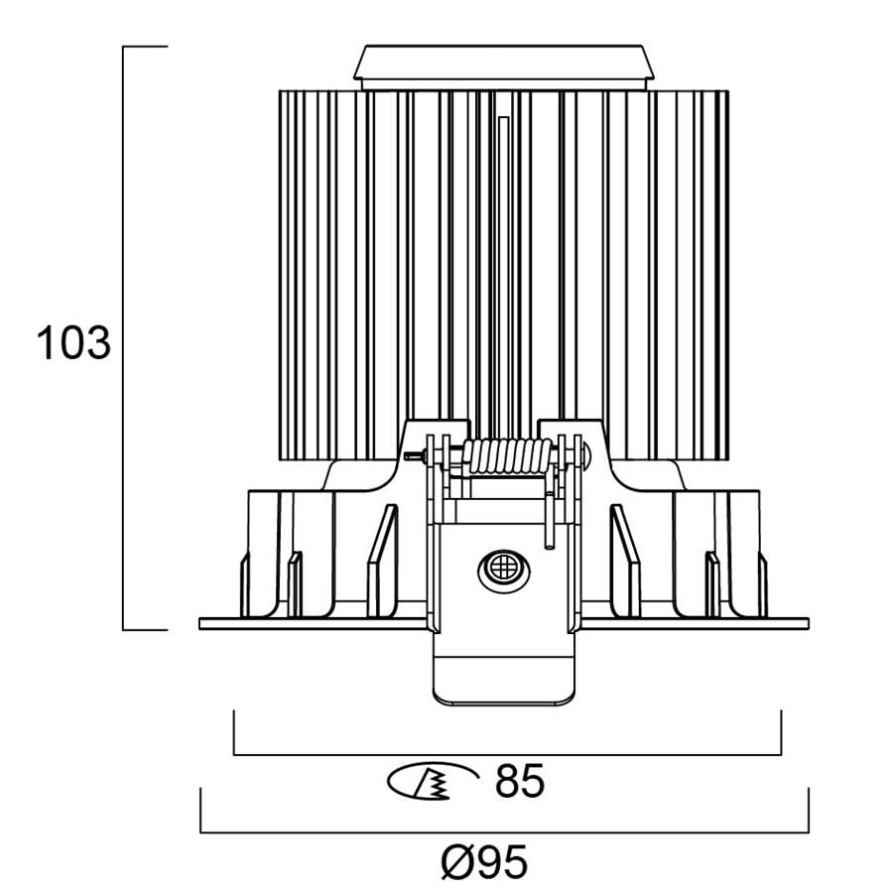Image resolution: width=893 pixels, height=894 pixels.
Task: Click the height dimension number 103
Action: (x=72, y=343)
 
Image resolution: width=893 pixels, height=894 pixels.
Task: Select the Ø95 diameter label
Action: (x=483, y=862)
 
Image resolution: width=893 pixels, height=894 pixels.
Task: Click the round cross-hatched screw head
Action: (x=502, y=571)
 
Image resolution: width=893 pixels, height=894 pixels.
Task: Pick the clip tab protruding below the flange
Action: (x=505, y=670)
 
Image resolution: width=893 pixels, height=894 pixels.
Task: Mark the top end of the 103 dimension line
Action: (x=124, y=47)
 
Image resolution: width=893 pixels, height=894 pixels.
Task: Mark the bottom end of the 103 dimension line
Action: (x=124, y=629)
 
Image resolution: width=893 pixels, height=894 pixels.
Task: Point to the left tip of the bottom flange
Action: (x=201, y=623)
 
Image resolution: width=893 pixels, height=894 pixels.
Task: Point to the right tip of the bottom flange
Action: (x=808, y=623)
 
